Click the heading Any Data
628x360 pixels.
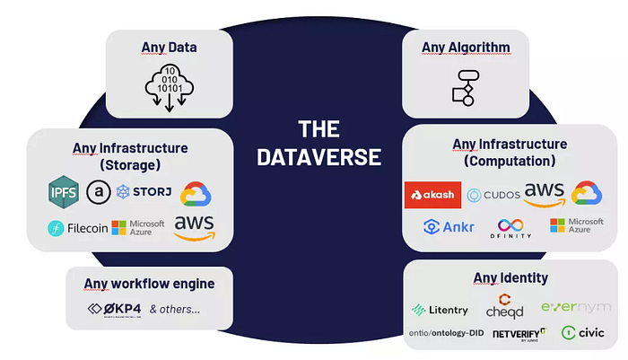click(x=169, y=48)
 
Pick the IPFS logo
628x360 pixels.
click(x=64, y=191)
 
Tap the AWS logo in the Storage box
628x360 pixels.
click(x=196, y=226)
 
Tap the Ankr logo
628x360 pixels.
click(x=449, y=226)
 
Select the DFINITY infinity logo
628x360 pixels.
click(x=510, y=227)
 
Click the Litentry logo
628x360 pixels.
click(x=439, y=310)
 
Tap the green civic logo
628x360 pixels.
click(x=582, y=332)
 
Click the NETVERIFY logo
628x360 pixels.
click(x=520, y=334)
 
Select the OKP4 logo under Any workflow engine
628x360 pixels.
click(x=112, y=310)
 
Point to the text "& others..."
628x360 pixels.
click(x=175, y=310)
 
